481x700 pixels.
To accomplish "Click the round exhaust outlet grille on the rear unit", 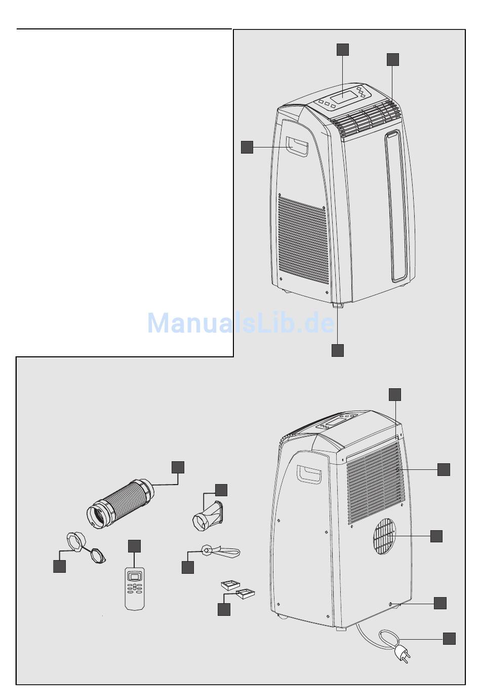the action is pyautogui.click(x=384, y=536).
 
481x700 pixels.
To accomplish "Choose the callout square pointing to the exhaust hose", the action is pyautogui.click(x=178, y=467).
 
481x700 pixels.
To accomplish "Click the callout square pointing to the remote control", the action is pyautogui.click(x=134, y=546).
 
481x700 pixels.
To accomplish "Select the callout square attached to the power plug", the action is pyautogui.click(x=449, y=639).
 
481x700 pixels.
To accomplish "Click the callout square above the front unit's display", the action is pyautogui.click(x=343, y=50).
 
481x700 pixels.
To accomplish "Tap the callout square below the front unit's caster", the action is pyautogui.click(x=337, y=350).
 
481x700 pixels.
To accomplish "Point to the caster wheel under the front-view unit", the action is pyautogui.click(x=338, y=305).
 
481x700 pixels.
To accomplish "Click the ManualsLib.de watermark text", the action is pyautogui.click(x=240, y=323).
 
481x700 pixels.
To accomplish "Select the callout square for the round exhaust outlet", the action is pyautogui.click(x=436, y=536).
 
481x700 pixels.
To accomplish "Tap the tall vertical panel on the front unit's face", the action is pyautogui.click(x=396, y=205).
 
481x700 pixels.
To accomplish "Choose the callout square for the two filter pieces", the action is pyautogui.click(x=224, y=609).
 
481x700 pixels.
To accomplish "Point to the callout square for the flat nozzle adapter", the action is pyautogui.click(x=221, y=490).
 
